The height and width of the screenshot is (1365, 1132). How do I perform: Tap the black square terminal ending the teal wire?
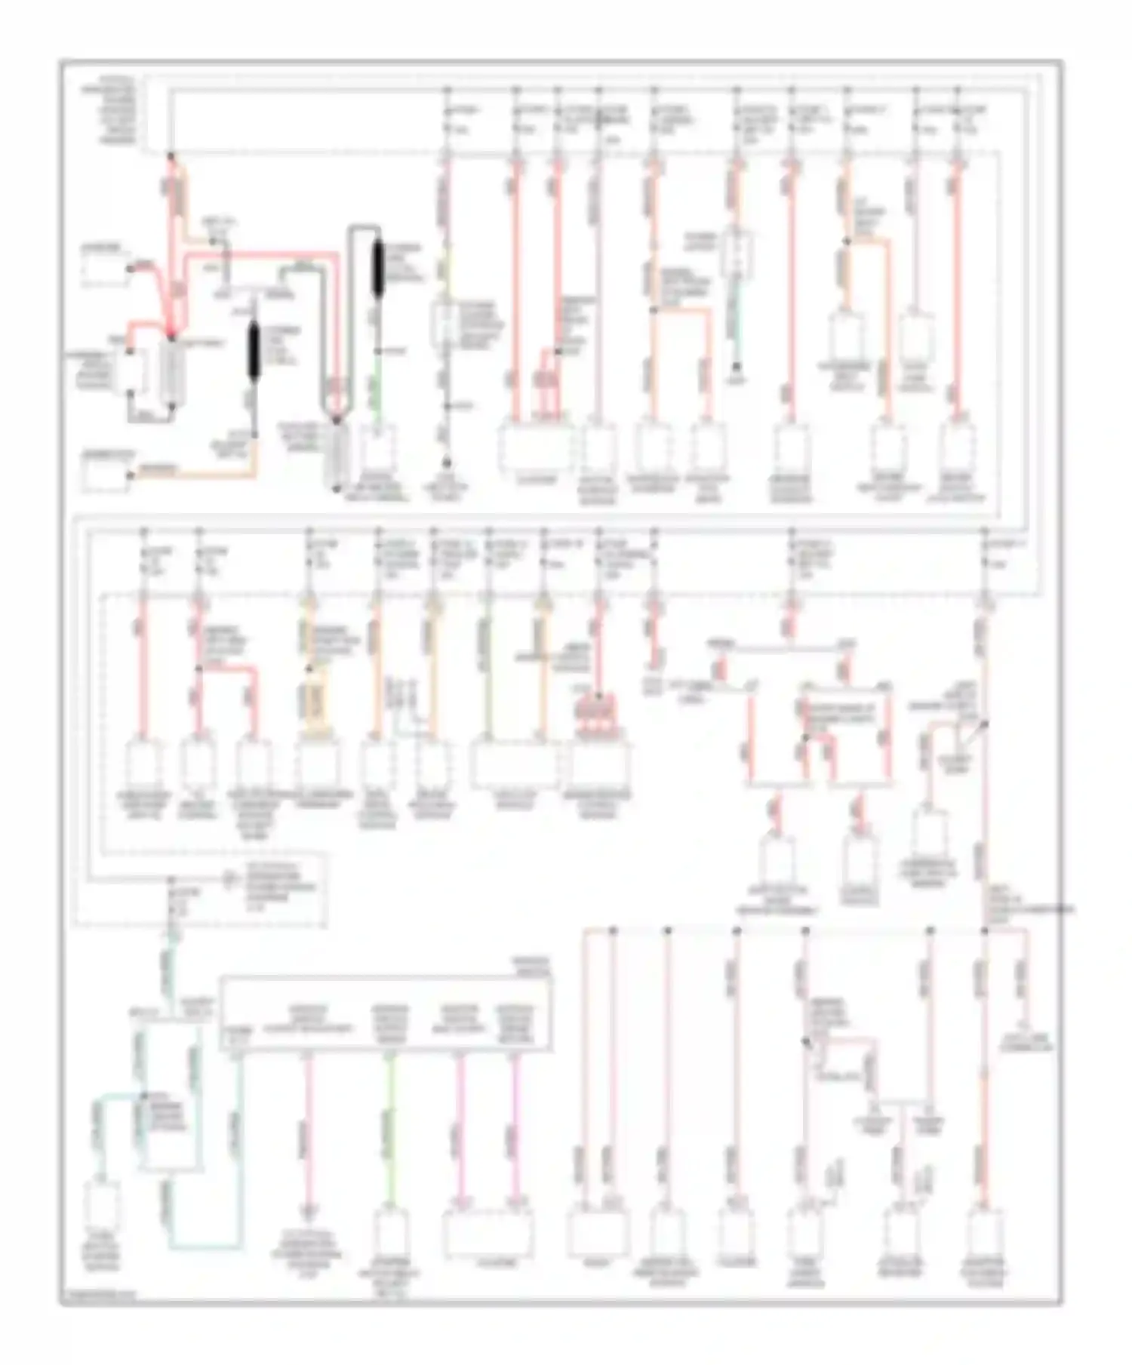pyautogui.click(x=737, y=369)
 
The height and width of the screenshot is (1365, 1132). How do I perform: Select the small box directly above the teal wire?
pyautogui.click(x=736, y=253)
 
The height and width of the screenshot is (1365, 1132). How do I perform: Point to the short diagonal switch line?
pyautogui.click(x=976, y=730)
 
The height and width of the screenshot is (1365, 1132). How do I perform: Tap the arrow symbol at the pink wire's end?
pyautogui.click(x=307, y=1213)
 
